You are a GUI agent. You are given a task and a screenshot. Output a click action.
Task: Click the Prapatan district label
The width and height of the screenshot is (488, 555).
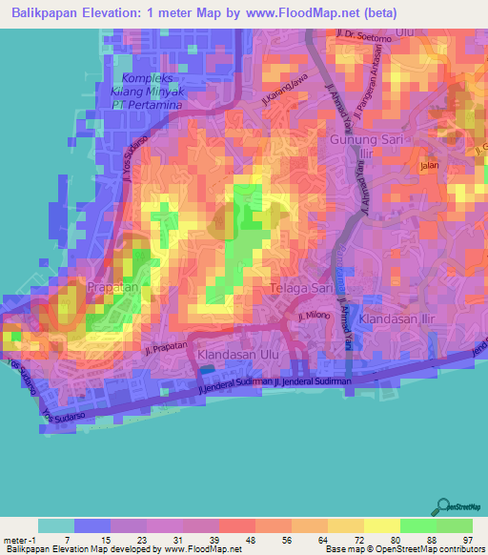click(117, 286)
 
